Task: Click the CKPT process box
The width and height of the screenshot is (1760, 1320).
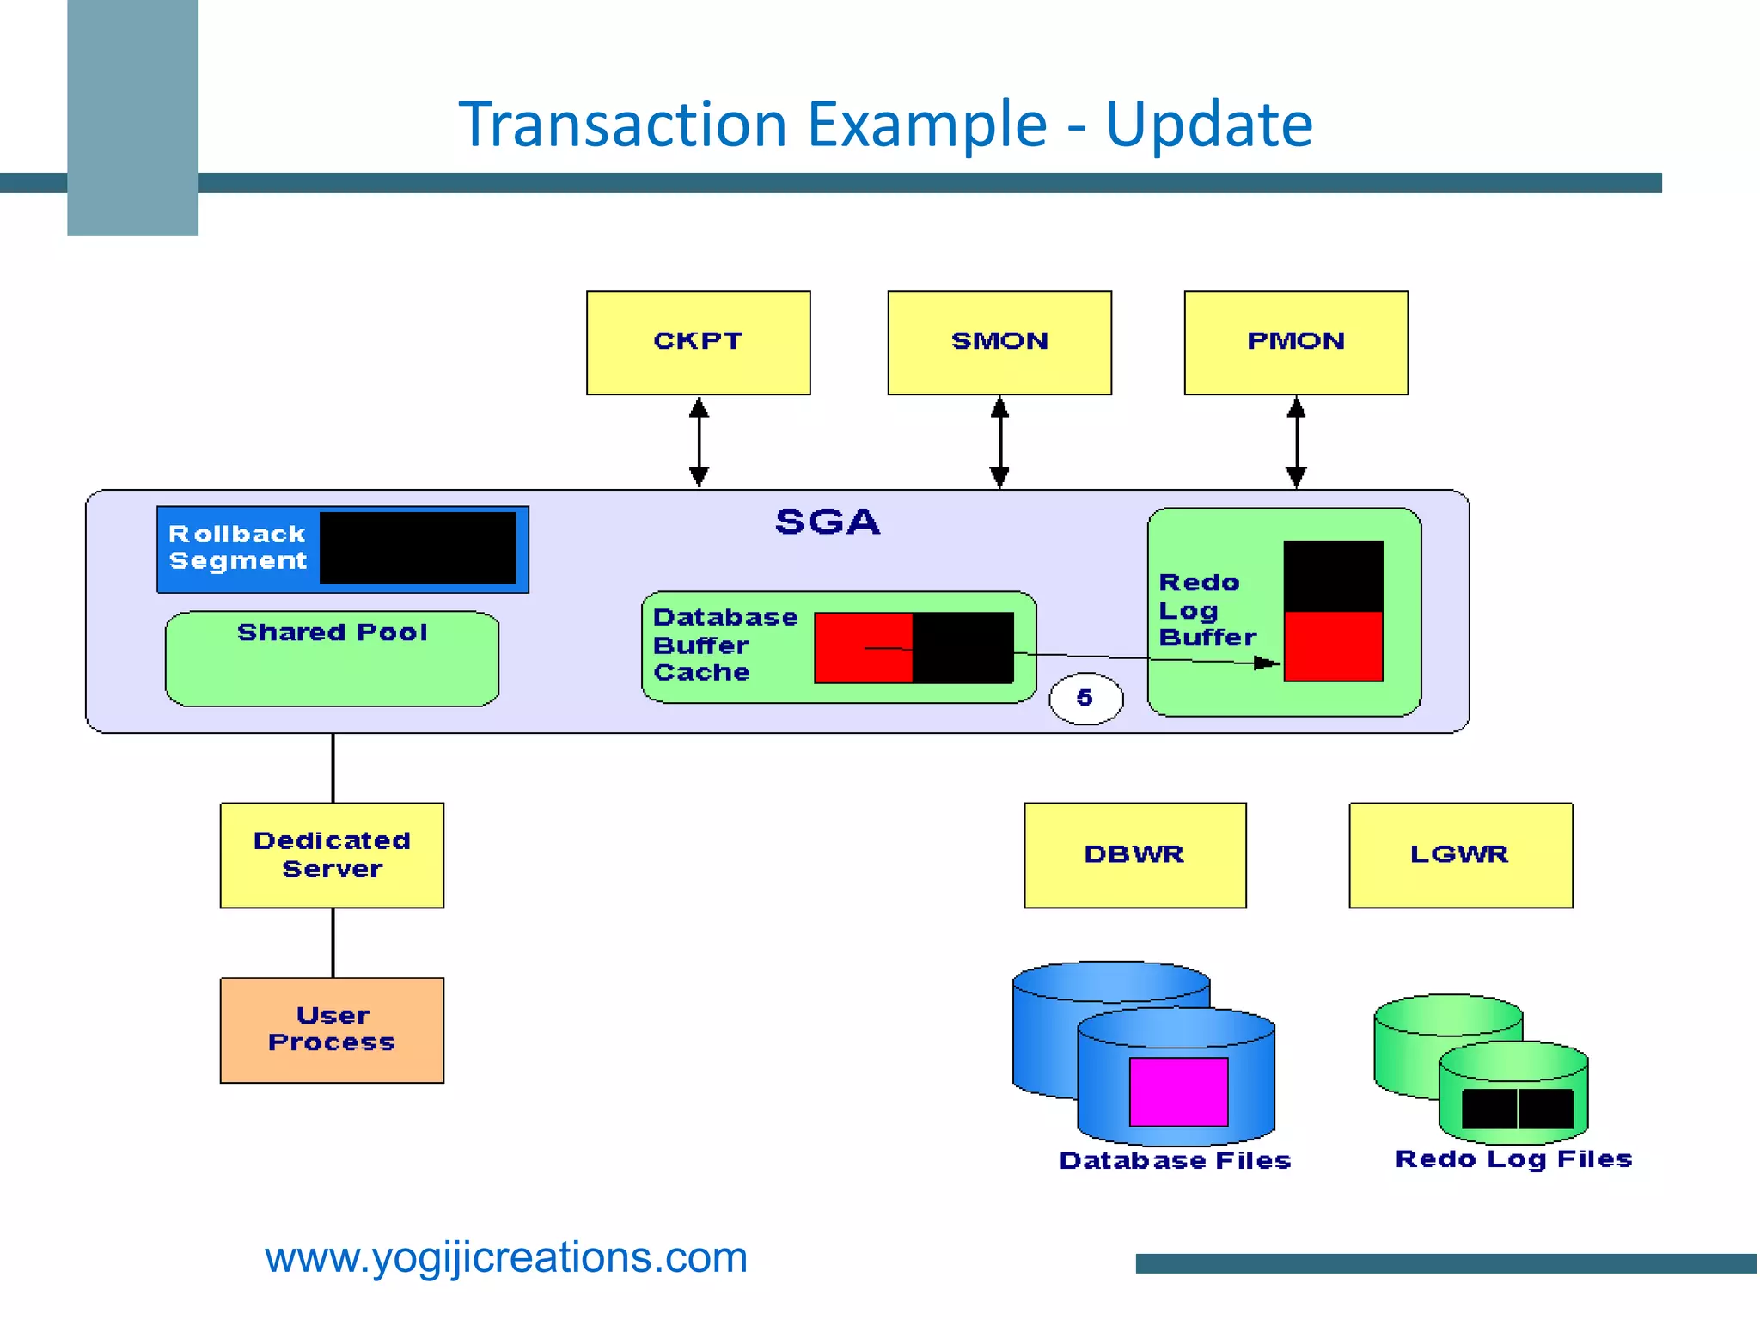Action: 698,343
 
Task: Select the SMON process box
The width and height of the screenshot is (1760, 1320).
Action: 999,343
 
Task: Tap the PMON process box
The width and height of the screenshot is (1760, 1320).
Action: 1296,343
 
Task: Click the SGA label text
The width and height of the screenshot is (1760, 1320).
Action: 828,522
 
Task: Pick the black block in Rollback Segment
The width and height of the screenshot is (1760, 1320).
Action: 418,548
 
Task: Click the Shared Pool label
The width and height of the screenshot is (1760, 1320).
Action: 332,632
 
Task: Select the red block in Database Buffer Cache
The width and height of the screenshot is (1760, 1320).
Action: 863,648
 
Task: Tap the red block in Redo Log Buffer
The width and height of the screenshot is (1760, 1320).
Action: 1333,646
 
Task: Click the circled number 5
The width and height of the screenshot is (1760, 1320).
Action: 1085,698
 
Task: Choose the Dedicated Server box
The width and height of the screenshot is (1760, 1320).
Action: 332,855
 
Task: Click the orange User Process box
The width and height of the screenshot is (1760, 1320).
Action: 332,1030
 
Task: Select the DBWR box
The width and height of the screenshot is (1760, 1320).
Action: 1134,855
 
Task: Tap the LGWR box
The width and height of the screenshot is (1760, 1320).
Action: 1460,855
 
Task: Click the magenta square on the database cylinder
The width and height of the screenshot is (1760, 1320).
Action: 1178,1091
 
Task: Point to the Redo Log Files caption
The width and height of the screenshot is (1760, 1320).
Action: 1513,1159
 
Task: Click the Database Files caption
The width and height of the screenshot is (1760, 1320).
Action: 1175,1161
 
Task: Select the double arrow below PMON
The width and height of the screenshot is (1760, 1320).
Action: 1296,442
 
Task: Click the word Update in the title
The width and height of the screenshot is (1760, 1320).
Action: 1208,125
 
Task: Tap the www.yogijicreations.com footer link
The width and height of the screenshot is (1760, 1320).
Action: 506,1257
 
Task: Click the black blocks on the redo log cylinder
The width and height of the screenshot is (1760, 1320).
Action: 1517,1109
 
